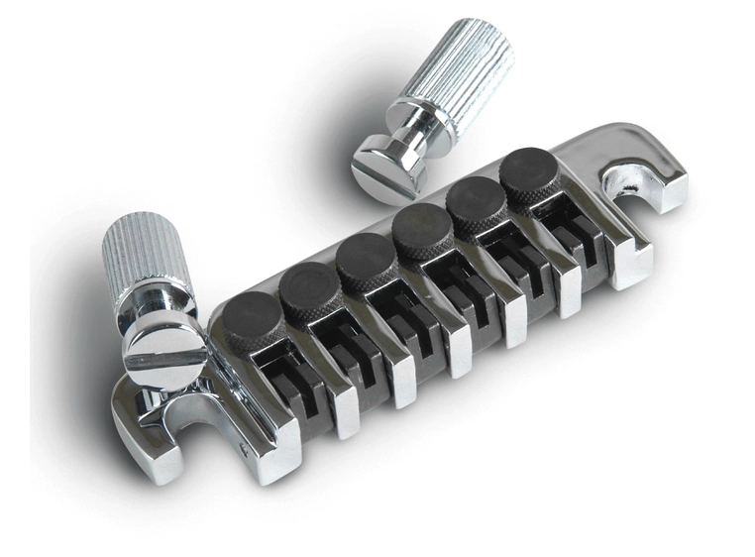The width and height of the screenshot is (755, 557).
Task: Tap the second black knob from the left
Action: pyautogui.click(x=309, y=286)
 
